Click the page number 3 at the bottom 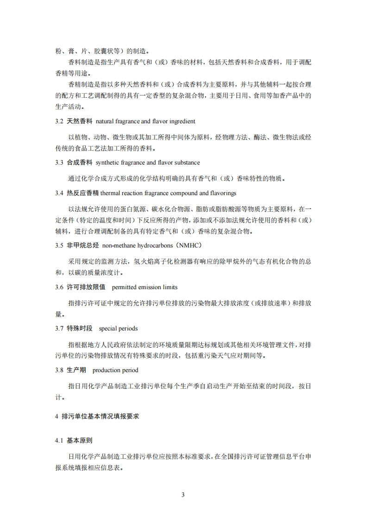(183, 494)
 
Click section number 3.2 (58, 121)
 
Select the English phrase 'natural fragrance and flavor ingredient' (145, 121)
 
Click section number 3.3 (58, 163)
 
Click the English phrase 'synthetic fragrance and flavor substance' (148, 163)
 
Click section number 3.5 (58, 245)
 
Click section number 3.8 (58, 370)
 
